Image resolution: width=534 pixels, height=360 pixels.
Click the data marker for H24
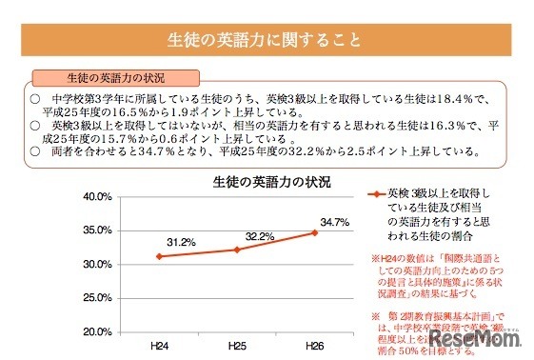(160, 256)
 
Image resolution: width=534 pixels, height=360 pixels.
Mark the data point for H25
(238, 250)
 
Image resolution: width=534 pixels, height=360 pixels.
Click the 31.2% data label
(182, 242)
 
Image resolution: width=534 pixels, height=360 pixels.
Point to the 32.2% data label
(260, 234)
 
